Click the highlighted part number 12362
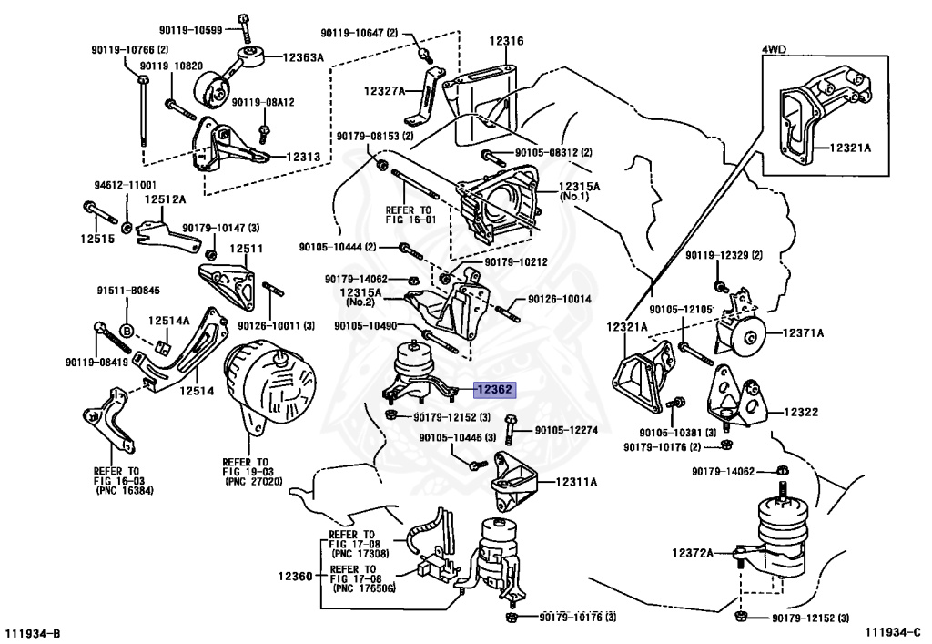point(494,390)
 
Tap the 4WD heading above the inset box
point(774,49)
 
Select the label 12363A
point(303,57)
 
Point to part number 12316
point(506,41)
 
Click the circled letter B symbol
point(127,331)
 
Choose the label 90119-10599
point(190,30)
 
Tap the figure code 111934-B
point(34,633)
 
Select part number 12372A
point(693,553)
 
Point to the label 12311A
point(576,482)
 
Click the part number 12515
point(97,239)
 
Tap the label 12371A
point(803,333)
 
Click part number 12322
point(801,412)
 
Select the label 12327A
point(384,91)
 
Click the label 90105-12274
point(566,430)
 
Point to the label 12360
point(295,576)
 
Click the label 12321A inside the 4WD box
point(851,148)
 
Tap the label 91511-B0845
point(128,291)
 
